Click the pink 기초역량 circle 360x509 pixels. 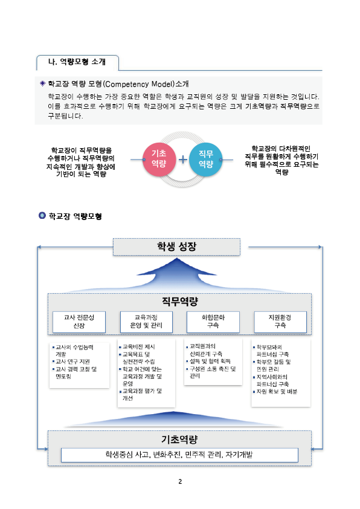point(159,159)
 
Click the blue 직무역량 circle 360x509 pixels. point(205,160)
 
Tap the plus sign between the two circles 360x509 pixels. point(183,159)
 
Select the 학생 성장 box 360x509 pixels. point(176,247)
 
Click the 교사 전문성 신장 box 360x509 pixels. point(79,322)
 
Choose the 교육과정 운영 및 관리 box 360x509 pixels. point(146,322)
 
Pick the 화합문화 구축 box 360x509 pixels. point(213,322)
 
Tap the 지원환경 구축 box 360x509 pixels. point(280,322)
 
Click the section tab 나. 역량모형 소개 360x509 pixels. point(77,62)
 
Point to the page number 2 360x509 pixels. point(180,481)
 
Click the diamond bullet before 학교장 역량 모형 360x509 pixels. point(42,84)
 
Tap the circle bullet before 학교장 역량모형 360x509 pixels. point(42,216)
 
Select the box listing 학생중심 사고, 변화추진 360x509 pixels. point(179,455)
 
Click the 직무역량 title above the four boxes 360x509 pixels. point(179,302)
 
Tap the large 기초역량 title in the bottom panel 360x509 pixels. point(179,439)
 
